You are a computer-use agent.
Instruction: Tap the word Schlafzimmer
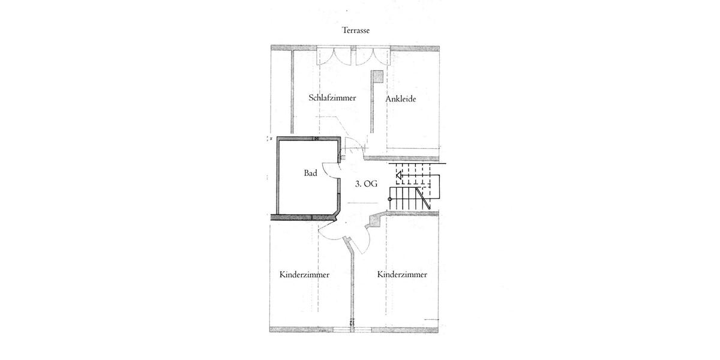click(x=332, y=98)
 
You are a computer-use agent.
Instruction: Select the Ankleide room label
click(x=401, y=99)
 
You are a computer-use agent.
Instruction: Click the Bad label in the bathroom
click(x=310, y=173)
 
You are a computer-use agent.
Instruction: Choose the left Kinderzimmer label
click(x=304, y=275)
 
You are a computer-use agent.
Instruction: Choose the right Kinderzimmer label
click(x=402, y=274)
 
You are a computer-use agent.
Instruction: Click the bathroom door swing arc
click(x=330, y=171)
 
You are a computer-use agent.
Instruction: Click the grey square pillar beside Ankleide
click(x=377, y=76)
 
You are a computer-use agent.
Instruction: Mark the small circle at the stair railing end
click(x=391, y=198)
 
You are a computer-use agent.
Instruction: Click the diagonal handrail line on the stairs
click(x=424, y=197)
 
